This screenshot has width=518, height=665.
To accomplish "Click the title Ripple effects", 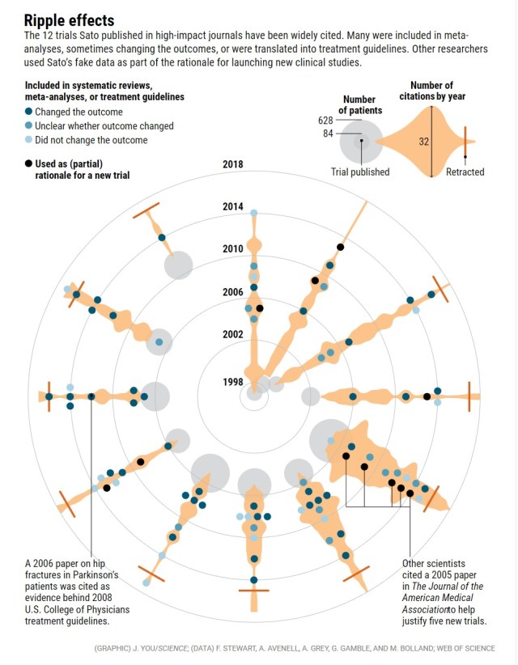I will [69, 19].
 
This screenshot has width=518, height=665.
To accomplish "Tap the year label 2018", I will [232, 164].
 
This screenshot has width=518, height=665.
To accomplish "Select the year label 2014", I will [232, 207].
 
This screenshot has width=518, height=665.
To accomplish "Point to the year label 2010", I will [232, 248].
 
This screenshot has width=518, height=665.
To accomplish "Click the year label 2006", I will [232, 291].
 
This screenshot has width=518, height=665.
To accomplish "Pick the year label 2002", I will [232, 334].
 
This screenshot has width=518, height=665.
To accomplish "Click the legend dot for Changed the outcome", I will [30, 112].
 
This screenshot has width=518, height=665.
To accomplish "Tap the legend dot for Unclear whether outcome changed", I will [30, 126].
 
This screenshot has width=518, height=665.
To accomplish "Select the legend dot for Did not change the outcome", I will [30, 140].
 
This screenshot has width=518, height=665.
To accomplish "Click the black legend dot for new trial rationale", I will [30, 163].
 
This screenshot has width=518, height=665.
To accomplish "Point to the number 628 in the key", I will [326, 121].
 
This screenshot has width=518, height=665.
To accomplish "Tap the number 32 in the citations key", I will [423, 142].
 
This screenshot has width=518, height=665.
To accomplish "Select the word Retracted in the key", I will [465, 172].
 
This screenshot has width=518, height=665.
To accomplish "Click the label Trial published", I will [360, 172].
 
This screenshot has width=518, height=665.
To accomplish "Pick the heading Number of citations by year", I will [431, 91].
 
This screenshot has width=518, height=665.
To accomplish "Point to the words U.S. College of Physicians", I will [77, 608].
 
